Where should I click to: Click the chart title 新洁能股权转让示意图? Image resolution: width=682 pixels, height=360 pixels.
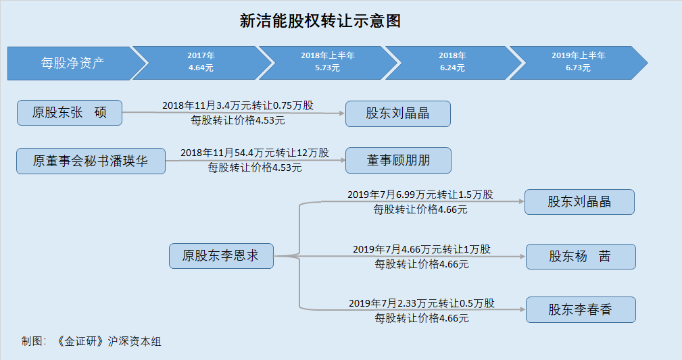pos(320,20)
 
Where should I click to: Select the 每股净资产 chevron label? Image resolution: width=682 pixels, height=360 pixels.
pos(72,63)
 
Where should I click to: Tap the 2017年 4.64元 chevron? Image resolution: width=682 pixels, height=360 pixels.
pos(201,62)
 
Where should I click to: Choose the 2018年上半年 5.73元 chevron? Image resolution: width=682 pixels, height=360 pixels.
pos(328,62)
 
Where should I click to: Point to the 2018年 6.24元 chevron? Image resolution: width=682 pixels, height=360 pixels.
pos(452,62)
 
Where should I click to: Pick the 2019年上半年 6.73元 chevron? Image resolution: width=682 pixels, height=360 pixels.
pos(578,62)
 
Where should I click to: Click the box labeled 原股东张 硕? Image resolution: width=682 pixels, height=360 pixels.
pos(70,113)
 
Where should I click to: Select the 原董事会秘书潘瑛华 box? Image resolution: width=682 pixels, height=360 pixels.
pos(91,161)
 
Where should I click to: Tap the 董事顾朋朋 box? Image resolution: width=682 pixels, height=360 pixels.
pos(398,161)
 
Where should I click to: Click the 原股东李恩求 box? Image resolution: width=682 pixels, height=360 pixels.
pos(222,256)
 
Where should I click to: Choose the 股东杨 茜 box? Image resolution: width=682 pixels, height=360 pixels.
pos(581,257)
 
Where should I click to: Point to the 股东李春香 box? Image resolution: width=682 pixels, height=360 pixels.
pos(581,309)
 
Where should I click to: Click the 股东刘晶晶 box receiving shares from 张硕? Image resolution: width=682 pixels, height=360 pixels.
pos(398,114)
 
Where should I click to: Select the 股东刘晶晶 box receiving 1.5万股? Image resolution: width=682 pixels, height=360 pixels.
pos(579,202)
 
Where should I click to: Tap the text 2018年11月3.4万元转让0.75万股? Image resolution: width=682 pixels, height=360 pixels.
pos(238,105)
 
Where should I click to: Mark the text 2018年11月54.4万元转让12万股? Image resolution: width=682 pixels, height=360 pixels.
pos(255,153)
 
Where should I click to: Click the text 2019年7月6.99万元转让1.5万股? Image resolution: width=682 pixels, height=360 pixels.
pos(420,195)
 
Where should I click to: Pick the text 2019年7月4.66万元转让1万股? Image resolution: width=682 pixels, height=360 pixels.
pos(422,249)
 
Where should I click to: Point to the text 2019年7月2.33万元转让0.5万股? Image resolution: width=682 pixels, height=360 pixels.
pos(422,303)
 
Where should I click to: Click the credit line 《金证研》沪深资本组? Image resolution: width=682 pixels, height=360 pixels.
pos(109,341)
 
